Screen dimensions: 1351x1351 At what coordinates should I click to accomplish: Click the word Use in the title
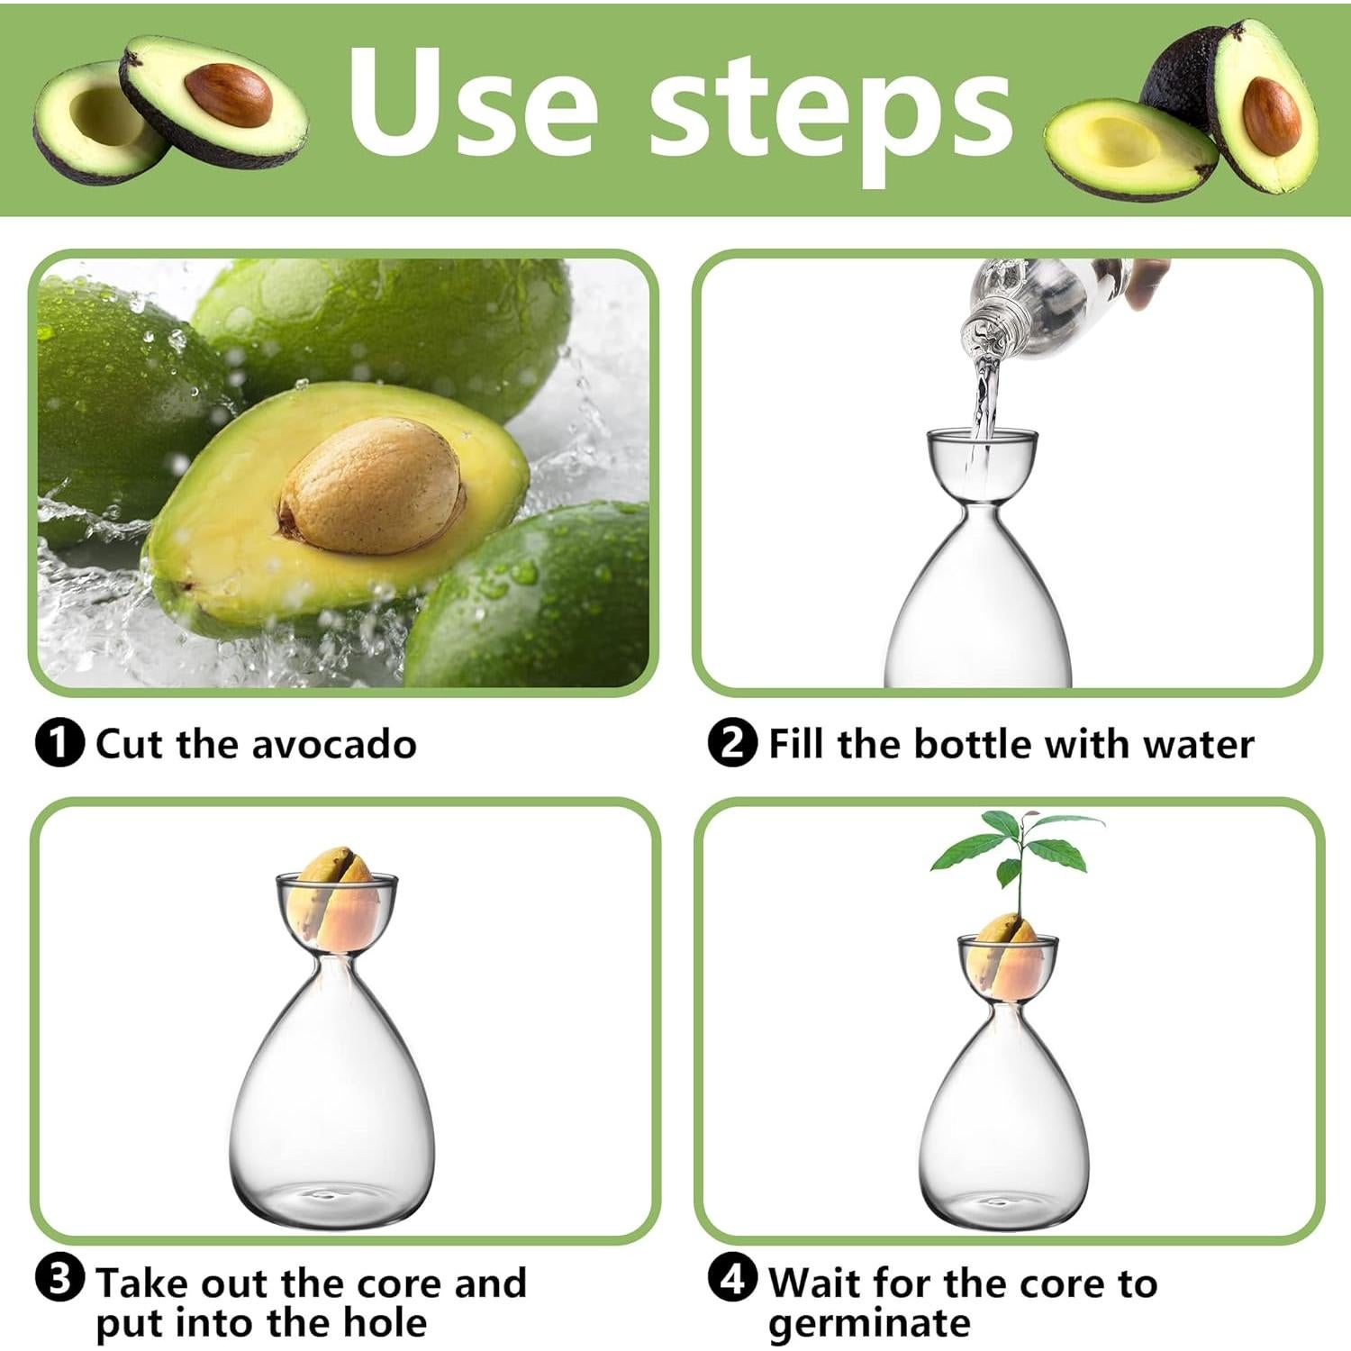(472, 104)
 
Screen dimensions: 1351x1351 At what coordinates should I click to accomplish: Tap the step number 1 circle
(59, 744)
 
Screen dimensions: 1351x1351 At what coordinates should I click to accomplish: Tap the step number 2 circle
(732, 744)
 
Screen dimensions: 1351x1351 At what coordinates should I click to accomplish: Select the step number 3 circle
(59, 1280)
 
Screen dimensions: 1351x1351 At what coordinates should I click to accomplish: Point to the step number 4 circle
(732, 1280)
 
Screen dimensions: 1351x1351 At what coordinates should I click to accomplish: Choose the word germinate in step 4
(869, 1324)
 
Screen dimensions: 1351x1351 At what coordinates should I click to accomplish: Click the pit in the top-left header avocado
(228, 94)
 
